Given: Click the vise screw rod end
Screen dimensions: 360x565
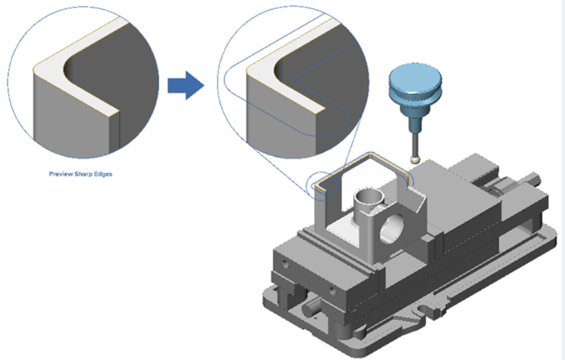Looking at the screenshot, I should (536, 176).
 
